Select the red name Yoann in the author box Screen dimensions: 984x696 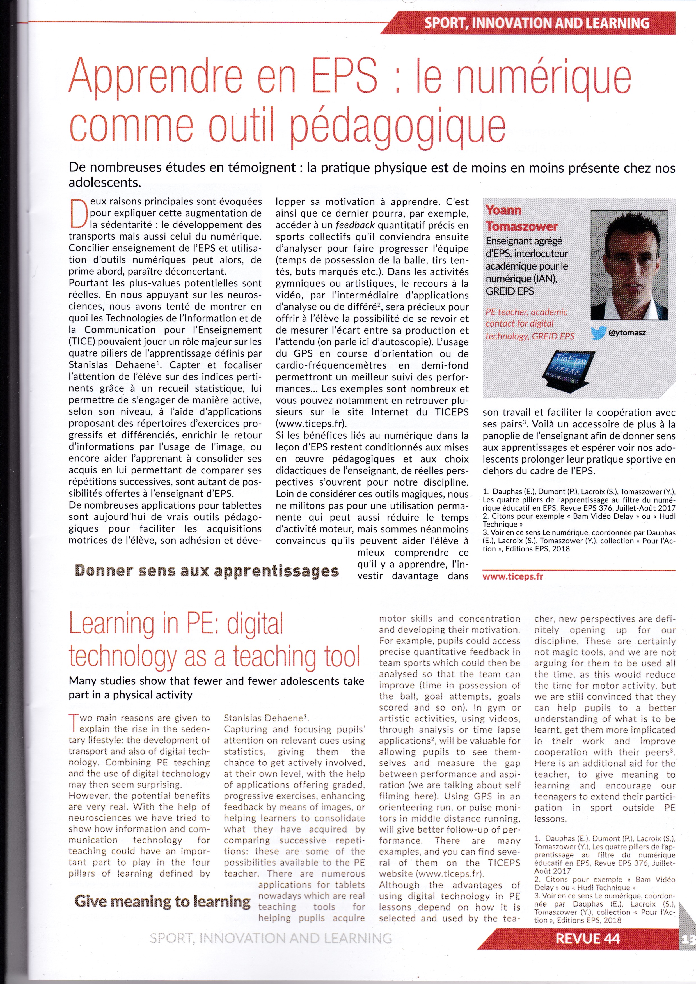click(x=503, y=210)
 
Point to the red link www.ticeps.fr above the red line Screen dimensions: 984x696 click(x=512, y=576)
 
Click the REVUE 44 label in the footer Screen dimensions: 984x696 click(x=587, y=939)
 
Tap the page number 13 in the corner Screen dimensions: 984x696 click(x=688, y=939)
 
